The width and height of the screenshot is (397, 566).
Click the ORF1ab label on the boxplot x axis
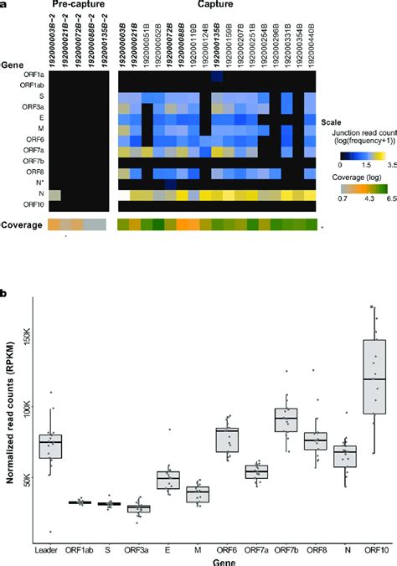pos(80,549)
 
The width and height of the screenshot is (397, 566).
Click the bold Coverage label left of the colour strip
pos(23,224)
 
